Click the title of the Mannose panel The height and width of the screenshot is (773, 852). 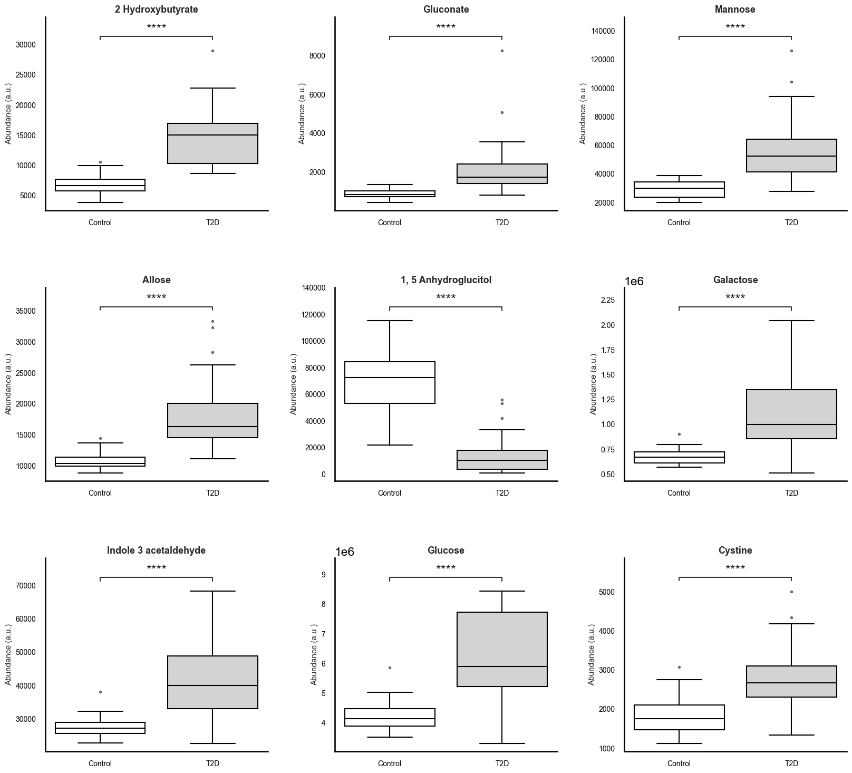pyautogui.click(x=734, y=9)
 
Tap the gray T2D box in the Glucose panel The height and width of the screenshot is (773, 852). pyautogui.click(x=501, y=649)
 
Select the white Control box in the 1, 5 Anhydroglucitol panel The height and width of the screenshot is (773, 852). pyautogui.click(x=389, y=382)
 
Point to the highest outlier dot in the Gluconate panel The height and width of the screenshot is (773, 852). pyautogui.click(x=502, y=51)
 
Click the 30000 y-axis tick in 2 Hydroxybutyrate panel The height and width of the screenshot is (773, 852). pyautogui.click(x=26, y=45)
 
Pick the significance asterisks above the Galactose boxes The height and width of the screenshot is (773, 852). pyautogui.click(x=734, y=298)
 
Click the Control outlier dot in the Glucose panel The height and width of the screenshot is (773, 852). pyautogui.click(x=390, y=668)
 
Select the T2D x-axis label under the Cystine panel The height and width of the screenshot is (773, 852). pyautogui.click(x=791, y=763)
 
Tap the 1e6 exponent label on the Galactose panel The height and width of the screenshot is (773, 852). pyautogui.click(x=634, y=282)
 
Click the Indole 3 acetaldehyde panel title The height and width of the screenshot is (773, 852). pyautogui.click(x=156, y=550)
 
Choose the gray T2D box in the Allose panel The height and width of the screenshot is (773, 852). pyautogui.click(x=212, y=420)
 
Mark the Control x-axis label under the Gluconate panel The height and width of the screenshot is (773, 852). pyautogui.click(x=389, y=223)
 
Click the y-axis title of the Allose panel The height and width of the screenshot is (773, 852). pyautogui.click(x=8, y=384)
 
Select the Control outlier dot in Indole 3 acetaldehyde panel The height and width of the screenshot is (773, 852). pyautogui.click(x=100, y=692)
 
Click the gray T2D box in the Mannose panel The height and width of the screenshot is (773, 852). pyautogui.click(x=791, y=156)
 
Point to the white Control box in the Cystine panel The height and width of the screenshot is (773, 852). pyautogui.click(x=679, y=717)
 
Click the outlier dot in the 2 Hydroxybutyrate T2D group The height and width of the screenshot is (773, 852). pyautogui.click(x=212, y=51)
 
